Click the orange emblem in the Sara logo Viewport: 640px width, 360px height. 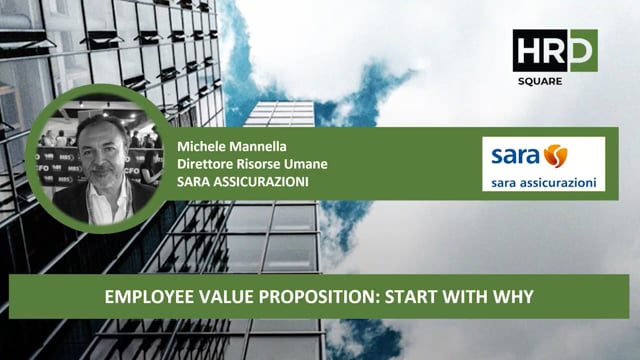pos(555,156)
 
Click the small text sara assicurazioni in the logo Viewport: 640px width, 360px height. pos(545,183)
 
